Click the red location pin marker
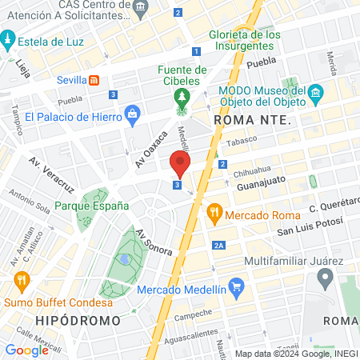tap(180, 165)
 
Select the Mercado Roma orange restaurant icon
tap(213, 214)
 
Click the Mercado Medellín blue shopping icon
tap(235, 286)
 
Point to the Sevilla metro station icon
tap(94, 80)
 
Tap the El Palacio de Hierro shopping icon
tap(133, 117)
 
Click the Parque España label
tap(92, 206)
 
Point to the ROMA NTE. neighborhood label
tap(244, 120)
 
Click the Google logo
tap(26, 350)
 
